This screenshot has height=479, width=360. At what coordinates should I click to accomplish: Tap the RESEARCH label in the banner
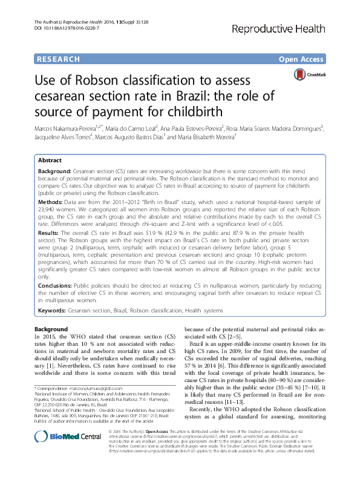58,59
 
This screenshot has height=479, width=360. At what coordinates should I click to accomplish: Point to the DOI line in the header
61,29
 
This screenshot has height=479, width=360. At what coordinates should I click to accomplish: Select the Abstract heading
50,160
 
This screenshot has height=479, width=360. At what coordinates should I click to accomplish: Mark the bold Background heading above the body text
51,328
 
